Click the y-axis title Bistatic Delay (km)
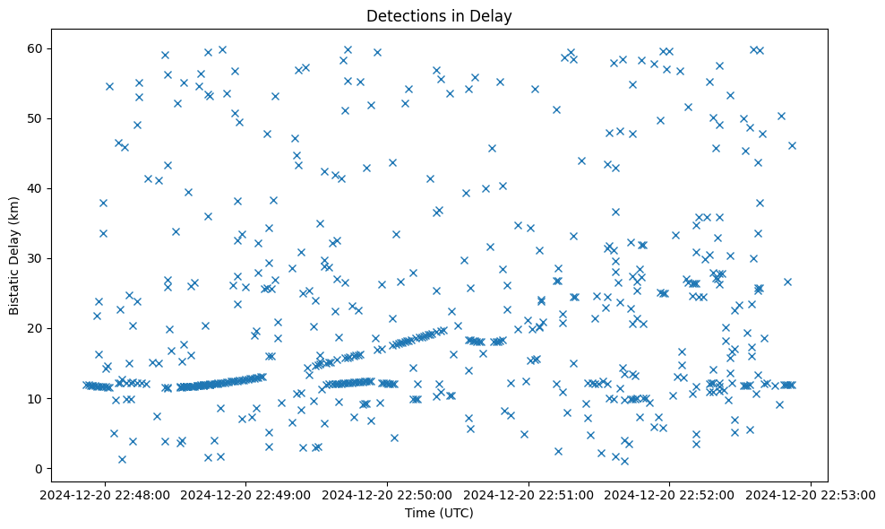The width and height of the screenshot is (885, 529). click(15, 256)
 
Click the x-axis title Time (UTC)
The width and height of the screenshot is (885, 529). click(439, 513)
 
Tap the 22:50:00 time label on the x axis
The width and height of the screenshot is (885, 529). click(388, 494)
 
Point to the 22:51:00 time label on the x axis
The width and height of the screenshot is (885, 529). click(528, 494)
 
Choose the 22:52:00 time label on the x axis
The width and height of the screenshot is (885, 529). click(670, 494)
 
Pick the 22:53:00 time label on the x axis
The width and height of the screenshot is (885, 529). click(811, 494)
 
